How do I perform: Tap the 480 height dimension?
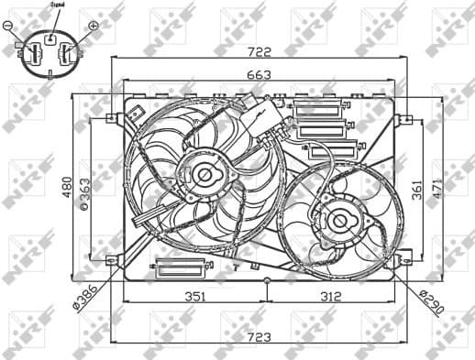tap(66, 189)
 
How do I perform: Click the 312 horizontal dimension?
tap(332, 297)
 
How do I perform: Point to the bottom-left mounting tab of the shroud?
tap(111, 261)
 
